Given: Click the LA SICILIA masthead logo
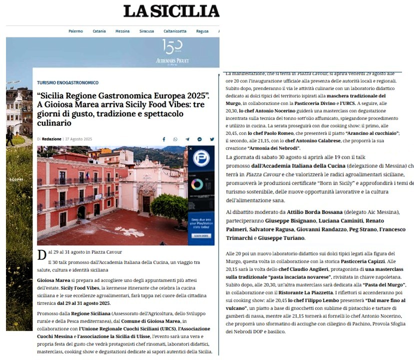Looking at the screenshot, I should [171, 11].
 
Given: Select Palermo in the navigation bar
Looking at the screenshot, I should [75, 31].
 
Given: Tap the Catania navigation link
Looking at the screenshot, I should [99, 31].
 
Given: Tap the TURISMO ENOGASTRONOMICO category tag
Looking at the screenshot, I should [68, 82].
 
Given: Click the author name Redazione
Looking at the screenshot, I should [51, 139].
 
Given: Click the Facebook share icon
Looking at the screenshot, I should [164, 139].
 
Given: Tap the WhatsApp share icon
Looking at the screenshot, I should [175, 139].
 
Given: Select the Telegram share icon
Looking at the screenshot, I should [187, 139].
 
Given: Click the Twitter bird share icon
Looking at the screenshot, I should [211, 139].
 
